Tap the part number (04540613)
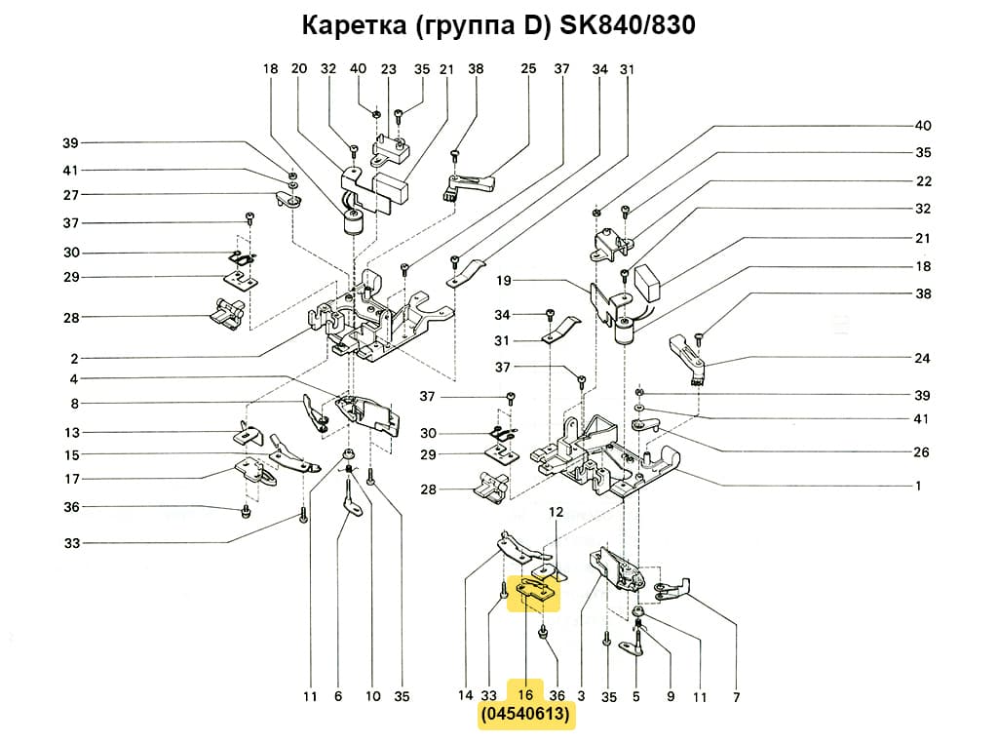(525, 717)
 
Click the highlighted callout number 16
(525, 695)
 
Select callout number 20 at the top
(299, 69)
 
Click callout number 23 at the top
(389, 69)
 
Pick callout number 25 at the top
(528, 69)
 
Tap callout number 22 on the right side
(923, 181)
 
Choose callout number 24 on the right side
(922, 358)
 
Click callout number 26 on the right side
(922, 452)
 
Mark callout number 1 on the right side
(917, 485)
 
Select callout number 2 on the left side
(74, 358)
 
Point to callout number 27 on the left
(71, 195)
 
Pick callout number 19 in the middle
(504, 281)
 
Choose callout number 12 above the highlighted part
(556, 512)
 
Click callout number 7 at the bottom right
(736, 697)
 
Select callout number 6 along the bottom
(338, 697)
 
